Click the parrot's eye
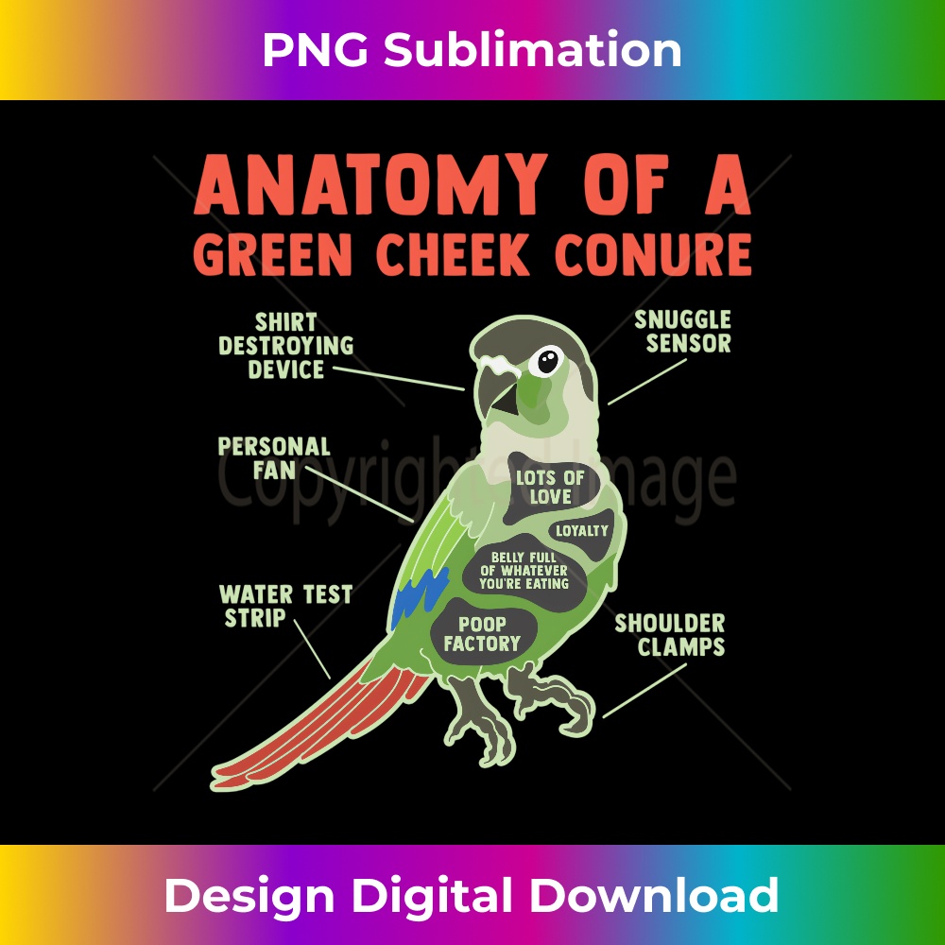click(x=546, y=361)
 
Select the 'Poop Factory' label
click(x=482, y=633)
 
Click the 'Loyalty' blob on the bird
click(x=581, y=531)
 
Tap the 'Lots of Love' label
click(x=550, y=487)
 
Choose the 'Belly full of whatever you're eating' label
click(x=524, y=571)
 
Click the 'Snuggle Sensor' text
click(x=683, y=332)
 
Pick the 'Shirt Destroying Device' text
click(x=286, y=345)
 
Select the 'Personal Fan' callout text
click(x=274, y=458)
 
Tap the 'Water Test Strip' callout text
click(x=285, y=606)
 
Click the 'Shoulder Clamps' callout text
click(x=670, y=635)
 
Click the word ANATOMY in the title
click(x=370, y=185)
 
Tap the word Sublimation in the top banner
click(x=533, y=50)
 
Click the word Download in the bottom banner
click(x=654, y=895)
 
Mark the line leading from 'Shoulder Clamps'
click(x=644, y=691)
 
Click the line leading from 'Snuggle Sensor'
click(x=646, y=382)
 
